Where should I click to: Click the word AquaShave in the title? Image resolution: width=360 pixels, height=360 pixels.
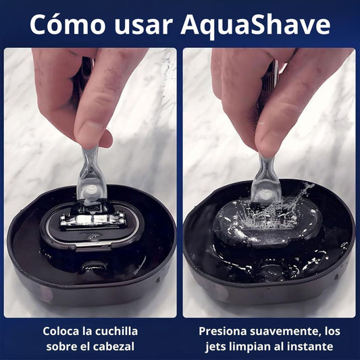click(x=256, y=25)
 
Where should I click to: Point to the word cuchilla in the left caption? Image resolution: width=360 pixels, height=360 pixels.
click(x=115, y=332)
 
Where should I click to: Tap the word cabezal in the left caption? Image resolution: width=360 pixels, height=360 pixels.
click(x=114, y=346)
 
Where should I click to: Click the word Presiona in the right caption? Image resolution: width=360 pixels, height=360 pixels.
click(x=226, y=332)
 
